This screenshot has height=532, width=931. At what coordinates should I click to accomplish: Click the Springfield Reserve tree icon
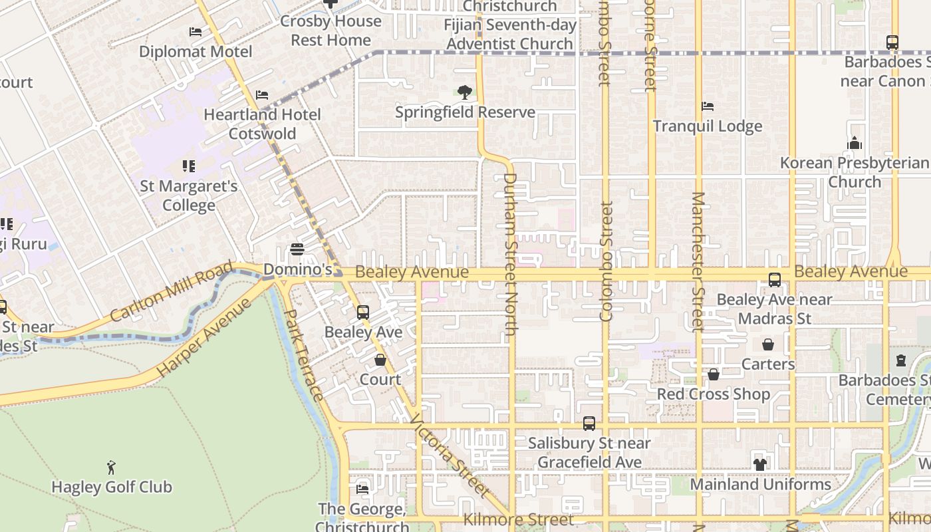465,92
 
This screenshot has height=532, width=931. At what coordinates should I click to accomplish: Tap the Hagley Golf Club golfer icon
111,467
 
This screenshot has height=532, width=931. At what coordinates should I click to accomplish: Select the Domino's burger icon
297,249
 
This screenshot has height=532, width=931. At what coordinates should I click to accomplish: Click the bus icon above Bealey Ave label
362,312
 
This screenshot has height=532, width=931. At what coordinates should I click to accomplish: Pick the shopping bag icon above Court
380,360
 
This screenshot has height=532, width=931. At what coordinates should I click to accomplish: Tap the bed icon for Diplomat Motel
195,32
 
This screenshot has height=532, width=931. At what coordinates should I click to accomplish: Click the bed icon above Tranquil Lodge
708,106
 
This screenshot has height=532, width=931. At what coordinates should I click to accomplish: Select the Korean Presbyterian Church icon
855,143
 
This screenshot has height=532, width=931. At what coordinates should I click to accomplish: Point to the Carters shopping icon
768,344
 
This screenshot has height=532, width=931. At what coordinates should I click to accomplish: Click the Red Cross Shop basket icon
714,375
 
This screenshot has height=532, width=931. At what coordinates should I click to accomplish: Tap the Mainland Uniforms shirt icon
760,464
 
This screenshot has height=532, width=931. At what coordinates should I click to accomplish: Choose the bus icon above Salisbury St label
589,423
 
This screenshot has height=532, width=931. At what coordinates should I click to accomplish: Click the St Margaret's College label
189,196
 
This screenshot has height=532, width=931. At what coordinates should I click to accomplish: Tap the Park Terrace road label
304,355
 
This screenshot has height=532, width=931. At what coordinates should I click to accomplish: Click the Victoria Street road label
449,456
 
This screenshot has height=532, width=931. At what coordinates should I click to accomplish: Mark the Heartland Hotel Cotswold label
262,124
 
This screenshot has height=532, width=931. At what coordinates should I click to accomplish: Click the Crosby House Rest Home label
331,30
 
